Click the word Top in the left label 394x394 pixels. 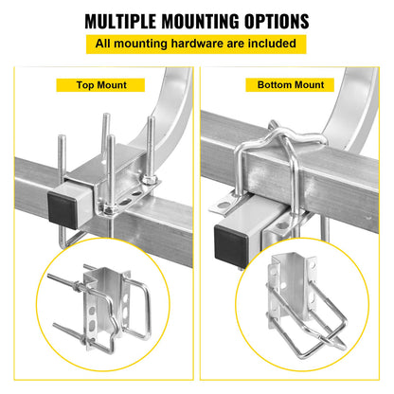(x=86, y=85)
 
